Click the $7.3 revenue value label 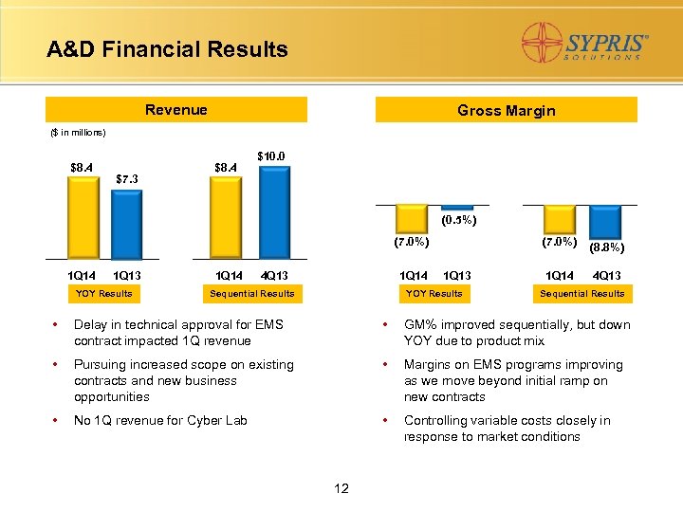(128, 178)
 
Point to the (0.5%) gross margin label (459, 221)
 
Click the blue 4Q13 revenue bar (274, 212)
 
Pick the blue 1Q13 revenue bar (127, 224)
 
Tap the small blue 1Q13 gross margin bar (457, 207)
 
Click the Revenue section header (176, 110)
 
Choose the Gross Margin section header (506, 111)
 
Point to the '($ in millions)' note (78, 133)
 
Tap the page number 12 (341, 489)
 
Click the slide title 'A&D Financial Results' (167, 49)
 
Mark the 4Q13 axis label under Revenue (274, 276)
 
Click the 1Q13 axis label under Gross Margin (457, 276)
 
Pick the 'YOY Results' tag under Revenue (104, 294)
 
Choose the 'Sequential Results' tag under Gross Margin (581, 294)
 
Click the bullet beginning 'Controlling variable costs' (507, 429)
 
